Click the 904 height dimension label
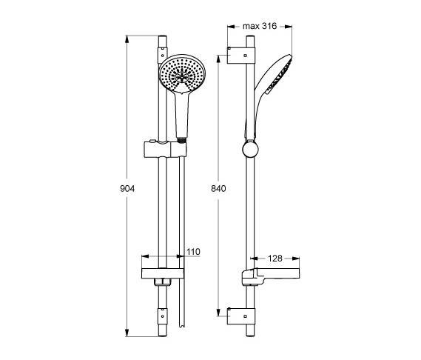coord(127,189)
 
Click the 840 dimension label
coord(218,189)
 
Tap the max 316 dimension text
coord(260,26)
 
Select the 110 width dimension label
coord(193,252)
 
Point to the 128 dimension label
coord(275,259)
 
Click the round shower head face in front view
coord(182,74)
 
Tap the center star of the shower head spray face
coord(182,78)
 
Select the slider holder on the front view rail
coord(165,148)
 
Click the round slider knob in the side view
coord(250,150)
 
